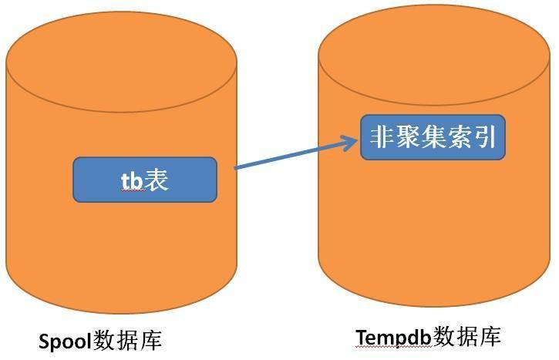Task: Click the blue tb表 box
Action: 145,180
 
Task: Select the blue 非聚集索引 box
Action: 433,137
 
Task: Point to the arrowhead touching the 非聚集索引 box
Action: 349,143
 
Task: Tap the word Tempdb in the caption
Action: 394,337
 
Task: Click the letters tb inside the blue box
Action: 132,180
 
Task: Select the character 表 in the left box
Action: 156,180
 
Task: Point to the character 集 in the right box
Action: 433,137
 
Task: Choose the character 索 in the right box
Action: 458,137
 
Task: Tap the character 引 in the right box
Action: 483,137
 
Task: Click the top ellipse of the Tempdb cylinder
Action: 434,55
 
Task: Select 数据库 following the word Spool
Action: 127,340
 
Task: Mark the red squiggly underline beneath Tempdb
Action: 394,347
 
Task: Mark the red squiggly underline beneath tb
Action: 133,190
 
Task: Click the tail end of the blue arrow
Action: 235,168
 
